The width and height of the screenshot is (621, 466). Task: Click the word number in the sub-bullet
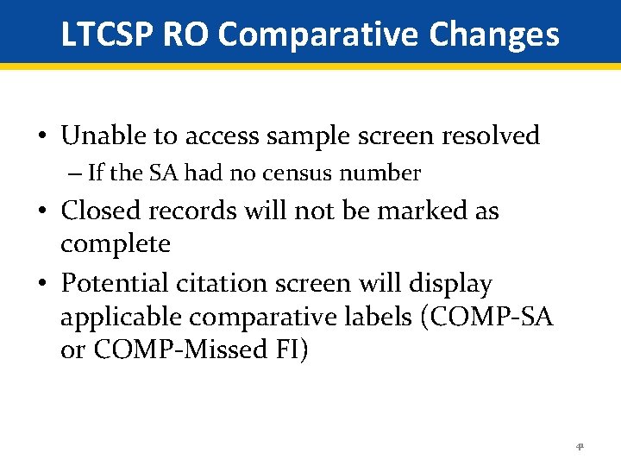coord(379,173)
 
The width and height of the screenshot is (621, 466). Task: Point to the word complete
coord(116,244)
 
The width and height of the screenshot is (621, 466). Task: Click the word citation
coord(225,283)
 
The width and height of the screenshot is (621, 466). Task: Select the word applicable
coord(121,318)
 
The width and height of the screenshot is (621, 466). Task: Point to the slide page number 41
coord(580,447)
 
